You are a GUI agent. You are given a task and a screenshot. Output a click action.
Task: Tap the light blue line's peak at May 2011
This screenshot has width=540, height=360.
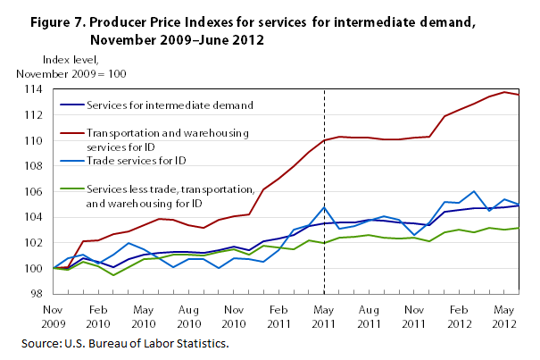coord(324,207)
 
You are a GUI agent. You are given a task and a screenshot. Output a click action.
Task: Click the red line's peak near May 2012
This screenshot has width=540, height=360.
coord(504,92)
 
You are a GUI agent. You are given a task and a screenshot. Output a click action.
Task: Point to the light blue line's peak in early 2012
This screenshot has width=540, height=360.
coord(474,191)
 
